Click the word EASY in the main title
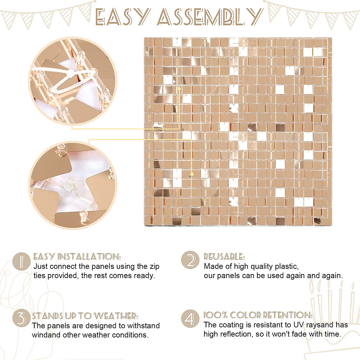(x=121, y=17)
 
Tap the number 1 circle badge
(x=22, y=261)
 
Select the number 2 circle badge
(x=190, y=260)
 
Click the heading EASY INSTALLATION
(x=77, y=257)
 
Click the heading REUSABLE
(x=224, y=257)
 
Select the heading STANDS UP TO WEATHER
(x=85, y=316)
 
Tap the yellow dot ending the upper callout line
(x=179, y=88)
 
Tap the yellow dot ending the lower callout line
(x=192, y=174)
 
